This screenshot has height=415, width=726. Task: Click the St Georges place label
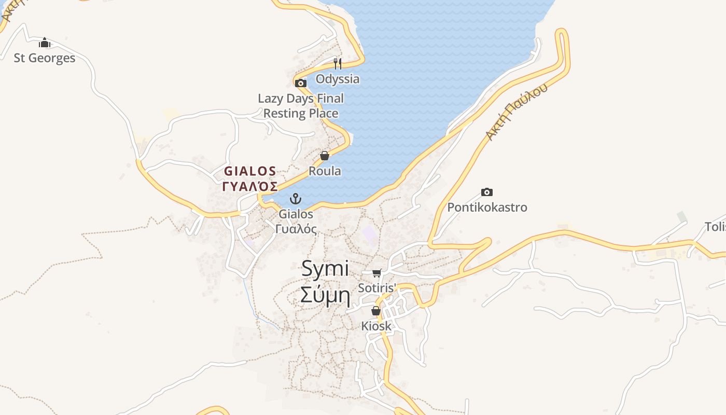[x=45, y=58]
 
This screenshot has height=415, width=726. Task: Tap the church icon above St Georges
[x=45, y=43]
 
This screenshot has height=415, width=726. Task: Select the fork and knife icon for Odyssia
[x=338, y=64]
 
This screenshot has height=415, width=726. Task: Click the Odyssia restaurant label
[x=338, y=79]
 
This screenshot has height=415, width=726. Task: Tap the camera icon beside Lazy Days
[x=300, y=83]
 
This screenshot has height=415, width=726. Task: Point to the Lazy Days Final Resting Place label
[x=301, y=106]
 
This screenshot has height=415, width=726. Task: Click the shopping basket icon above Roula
[x=325, y=155]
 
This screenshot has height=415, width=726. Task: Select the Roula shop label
[x=325, y=171]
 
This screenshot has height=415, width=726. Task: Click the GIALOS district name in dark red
[x=250, y=171]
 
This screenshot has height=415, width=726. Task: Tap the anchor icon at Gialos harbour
[x=295, y=199]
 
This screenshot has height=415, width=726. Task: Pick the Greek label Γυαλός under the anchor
[x=296, y=229]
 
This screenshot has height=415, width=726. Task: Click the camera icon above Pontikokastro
[x=486, y=192]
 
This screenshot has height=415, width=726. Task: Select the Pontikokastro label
[x=487, y=208]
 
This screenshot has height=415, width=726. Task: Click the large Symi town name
[x=325, y=269]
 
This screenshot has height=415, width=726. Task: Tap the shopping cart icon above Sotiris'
[x=377, y=273]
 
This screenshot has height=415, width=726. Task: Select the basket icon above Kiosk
[x=376, y=311]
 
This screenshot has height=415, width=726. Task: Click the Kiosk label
[x=376, y=326]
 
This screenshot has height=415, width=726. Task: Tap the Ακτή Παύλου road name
[x=516, y=112]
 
